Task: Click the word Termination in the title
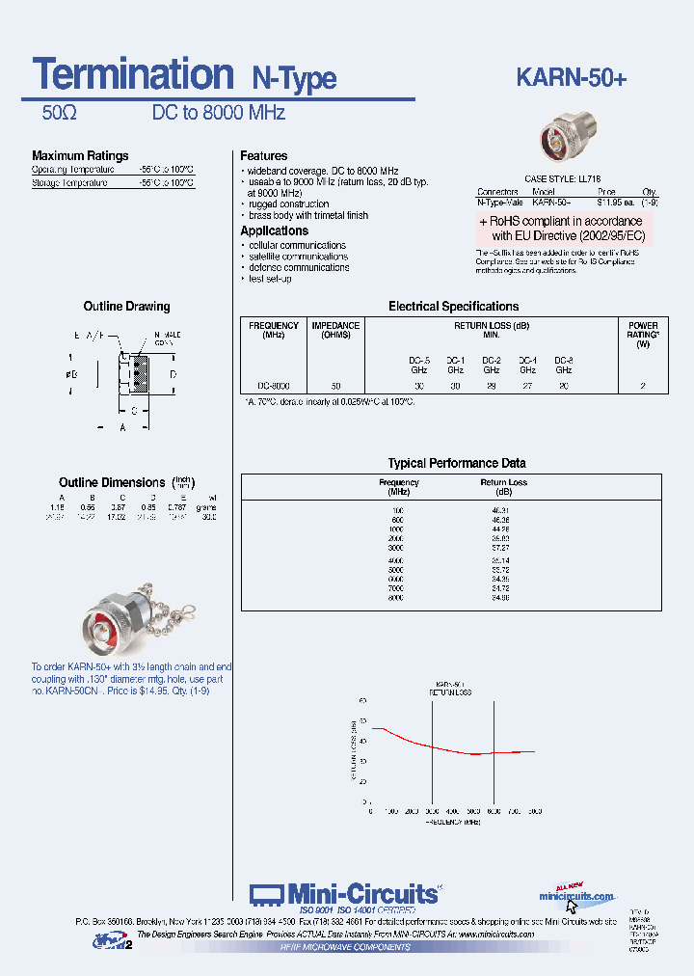click(x=132, y=74)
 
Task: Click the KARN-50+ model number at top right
click(x=572, y=78)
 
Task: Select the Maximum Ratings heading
click(x=80, y=156)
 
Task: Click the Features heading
click(x=263, y=156)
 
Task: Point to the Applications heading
click(x=274, y=231)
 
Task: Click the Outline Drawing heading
click(x=126, y=307)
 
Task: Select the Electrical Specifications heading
click(x=453, y=307)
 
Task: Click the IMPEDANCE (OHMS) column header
click(x=335, y=330)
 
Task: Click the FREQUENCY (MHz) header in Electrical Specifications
click(x=274, y=330)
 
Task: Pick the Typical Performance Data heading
click(x=457, y=464)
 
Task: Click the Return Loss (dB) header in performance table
click(x=503, y=486)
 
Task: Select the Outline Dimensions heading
click(x=112, y=482)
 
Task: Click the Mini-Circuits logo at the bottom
click(x=344, y=895)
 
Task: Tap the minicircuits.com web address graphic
click(x=575, y=897)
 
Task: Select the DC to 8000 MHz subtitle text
click(x=219, y=113)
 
